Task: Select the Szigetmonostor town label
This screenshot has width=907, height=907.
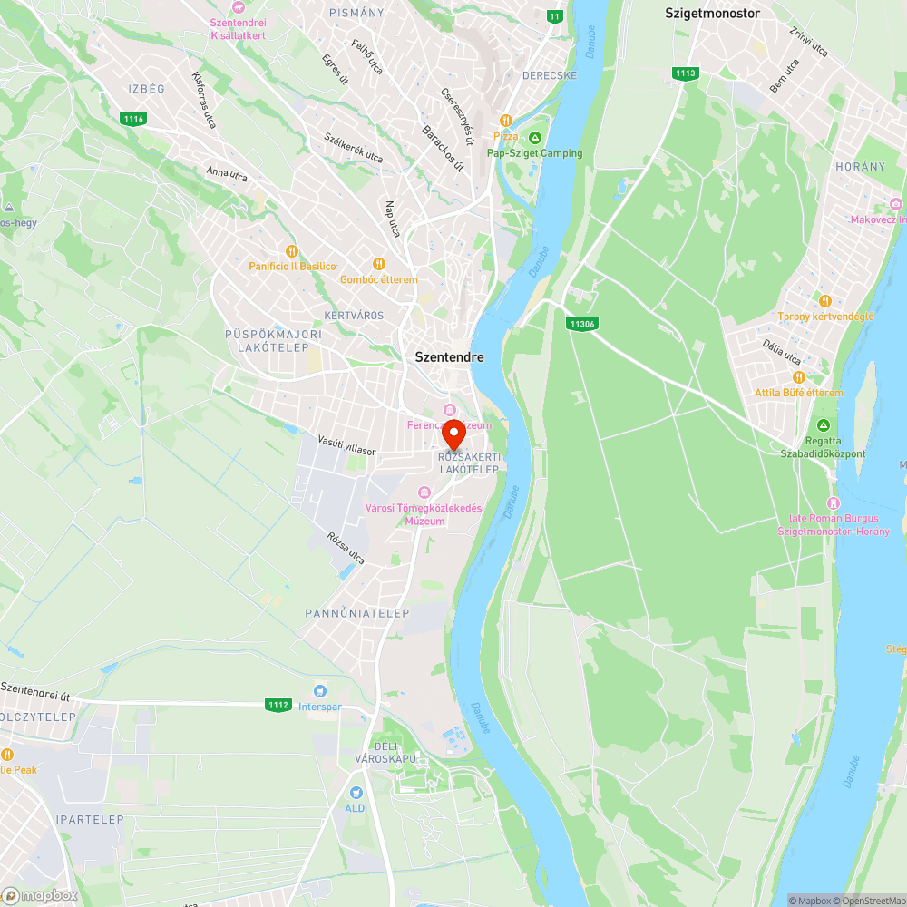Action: click(712, 14)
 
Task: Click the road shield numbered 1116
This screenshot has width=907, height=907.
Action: click(133, 119)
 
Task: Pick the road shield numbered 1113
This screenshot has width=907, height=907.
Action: click(686, 73)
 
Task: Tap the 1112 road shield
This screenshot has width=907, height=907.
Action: click(278, 705)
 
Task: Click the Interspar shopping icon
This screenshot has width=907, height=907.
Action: click(319, 691)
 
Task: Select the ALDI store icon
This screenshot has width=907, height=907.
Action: click(356, 793)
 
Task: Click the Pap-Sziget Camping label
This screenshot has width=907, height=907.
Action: click(534, 153)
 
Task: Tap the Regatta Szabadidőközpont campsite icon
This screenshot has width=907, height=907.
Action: click(824, 425)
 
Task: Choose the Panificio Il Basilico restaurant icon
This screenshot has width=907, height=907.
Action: click(291, 251)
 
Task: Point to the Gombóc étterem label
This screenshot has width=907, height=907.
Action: click(379, 279)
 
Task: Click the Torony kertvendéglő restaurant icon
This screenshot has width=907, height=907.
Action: click(824, 301)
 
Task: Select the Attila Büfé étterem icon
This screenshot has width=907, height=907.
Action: click(798, 377)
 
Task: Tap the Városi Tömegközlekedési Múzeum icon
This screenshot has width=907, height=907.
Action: click(424, 492)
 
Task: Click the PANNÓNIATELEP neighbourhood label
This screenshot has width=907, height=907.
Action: click(357, 614)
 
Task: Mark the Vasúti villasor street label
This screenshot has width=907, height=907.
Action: click(346, 444)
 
